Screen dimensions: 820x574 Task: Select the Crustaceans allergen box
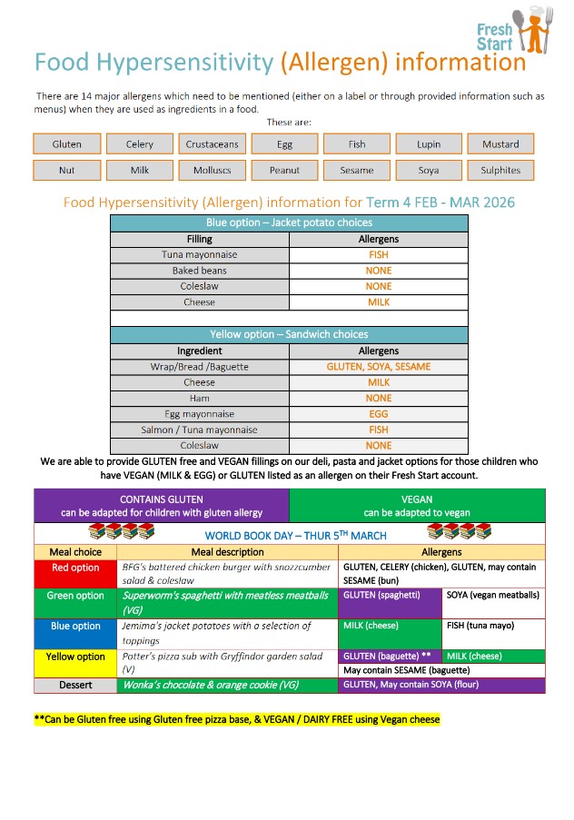click(212, 143)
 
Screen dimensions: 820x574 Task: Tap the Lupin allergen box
click(429, 143)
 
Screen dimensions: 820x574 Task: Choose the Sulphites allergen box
click(500, 170)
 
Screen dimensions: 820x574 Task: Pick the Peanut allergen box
click(284, 170)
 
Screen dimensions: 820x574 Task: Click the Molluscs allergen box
click(212, 170)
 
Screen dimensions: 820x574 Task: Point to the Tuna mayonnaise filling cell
click(200, 255)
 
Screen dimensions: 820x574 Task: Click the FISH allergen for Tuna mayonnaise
click(378, 255)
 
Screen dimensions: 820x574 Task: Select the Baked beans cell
click(200, 271)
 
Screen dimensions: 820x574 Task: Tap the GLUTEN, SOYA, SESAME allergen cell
click(378, 367)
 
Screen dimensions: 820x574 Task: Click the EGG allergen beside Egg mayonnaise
click(378, 414)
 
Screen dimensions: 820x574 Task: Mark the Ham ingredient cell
click(200, 399)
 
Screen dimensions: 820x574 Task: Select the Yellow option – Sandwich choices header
click(289, 334)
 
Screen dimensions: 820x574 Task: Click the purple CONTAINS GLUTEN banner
click(162, 506)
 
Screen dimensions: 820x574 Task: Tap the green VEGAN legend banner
click(417, 506)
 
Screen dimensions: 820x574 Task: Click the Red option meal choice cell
click(75, 568)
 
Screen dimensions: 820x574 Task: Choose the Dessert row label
click(75, 685)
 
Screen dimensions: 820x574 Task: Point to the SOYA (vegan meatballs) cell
click(493, 595)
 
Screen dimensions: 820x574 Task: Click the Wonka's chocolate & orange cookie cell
click(228, 685)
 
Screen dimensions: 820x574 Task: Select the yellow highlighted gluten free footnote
click(236, 719)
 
